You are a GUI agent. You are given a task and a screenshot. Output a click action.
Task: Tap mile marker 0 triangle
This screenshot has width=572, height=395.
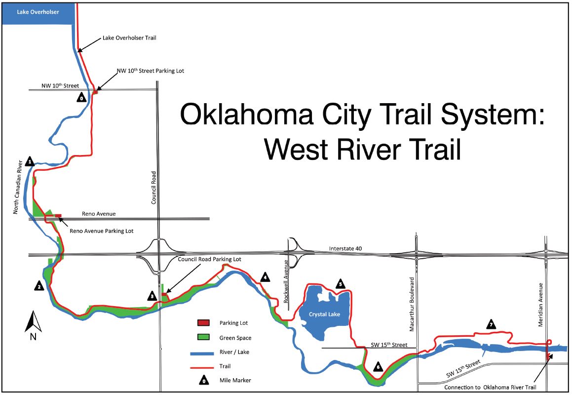point(82,98)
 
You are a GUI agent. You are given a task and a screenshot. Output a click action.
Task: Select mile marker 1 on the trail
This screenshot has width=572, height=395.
point(30,161)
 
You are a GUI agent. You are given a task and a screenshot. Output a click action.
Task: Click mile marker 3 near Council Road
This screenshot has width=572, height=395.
point(153,296)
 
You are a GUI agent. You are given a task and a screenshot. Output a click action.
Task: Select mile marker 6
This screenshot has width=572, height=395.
point(378,367)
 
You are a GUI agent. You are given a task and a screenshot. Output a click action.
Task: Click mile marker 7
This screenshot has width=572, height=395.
point(491,324)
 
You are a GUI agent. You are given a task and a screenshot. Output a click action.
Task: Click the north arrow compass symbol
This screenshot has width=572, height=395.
point(33,323)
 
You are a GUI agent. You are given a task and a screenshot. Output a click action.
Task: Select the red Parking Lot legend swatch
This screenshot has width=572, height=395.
point(203,323)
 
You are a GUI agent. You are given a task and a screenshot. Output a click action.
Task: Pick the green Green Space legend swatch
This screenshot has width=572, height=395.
point(203,338)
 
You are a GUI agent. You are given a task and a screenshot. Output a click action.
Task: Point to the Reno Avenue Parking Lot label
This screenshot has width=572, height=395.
point(102,231)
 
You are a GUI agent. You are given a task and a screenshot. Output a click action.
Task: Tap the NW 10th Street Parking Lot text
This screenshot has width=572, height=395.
point(150,71)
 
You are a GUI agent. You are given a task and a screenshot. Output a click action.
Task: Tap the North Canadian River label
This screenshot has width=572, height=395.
point(16,187)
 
